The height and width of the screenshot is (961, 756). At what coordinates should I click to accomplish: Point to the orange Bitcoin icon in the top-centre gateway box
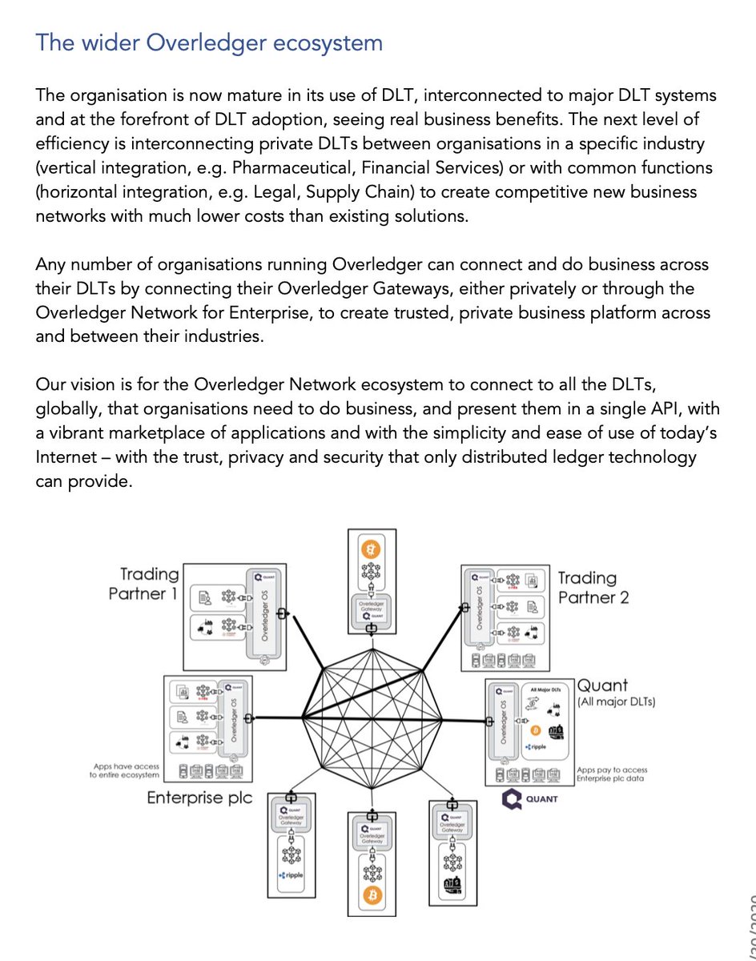371,550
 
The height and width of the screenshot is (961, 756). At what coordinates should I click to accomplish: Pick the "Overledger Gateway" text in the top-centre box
371,608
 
